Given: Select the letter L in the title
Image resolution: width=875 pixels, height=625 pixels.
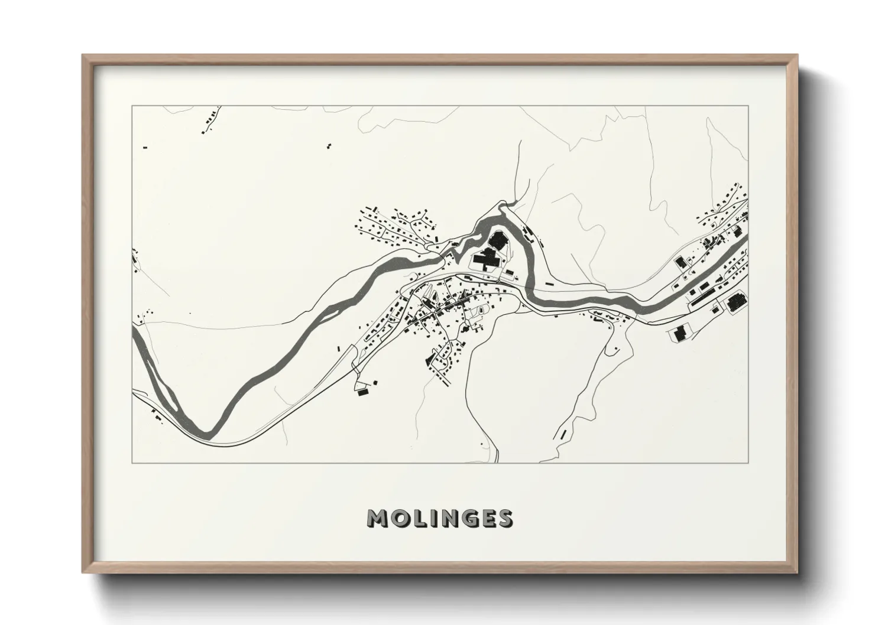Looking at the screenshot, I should pos(420,518).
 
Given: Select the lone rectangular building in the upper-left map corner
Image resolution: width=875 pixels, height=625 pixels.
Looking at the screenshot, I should pos(145,147).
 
